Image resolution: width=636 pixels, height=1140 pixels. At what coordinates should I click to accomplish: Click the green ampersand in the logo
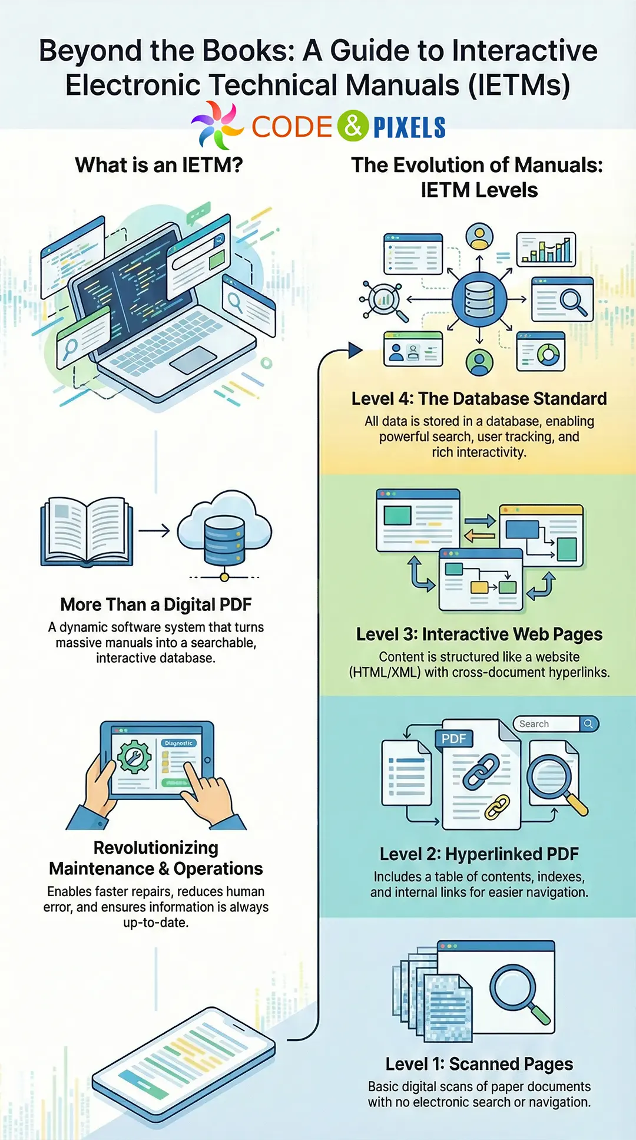pyautogui.click(x=353, y=126)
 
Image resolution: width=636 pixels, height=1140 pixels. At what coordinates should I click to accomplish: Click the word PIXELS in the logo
pyautogui.click(x=409, y=127)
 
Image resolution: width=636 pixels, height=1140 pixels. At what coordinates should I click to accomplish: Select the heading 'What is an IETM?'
pyautogui.click(x=159, y=165)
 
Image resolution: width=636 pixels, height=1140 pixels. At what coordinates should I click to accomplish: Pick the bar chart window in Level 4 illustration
pyautogui.click(x=546, y=250)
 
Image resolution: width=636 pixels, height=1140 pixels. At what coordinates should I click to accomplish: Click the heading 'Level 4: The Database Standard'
pyautogui.click(x=479, y=399)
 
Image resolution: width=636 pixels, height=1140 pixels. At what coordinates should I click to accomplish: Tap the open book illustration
pyautogui.click(x=87, y=532)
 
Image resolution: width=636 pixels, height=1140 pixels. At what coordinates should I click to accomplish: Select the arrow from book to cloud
pyautogui.click(x=154, y=531)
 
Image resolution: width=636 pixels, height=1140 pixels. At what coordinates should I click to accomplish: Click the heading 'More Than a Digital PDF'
pyautogui.click(x=156, y=604)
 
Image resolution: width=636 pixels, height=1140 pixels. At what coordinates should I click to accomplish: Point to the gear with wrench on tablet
pyautogui.click(x=134, y=757)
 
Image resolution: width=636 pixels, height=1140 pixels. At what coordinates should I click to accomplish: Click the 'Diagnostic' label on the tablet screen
pyautogui.click(x=178, y=744)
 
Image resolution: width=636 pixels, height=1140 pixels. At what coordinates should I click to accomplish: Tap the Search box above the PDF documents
pyautogui.click(x=548, y=724)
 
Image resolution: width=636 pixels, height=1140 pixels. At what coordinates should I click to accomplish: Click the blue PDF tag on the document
pyautogui.click(x=453, y=739)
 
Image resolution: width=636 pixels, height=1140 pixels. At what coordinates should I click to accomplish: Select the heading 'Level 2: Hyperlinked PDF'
pyautogui.click(x=479, y=854)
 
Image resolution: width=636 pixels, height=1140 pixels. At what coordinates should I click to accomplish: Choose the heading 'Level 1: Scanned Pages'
pyautogui.click(x=479, y=1064)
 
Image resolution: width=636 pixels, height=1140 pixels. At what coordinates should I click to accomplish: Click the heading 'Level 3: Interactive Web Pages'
pyautogui.click(x=479, y=635)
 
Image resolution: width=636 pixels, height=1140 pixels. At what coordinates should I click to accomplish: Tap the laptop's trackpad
pyautogui.click(x=194, y=359)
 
